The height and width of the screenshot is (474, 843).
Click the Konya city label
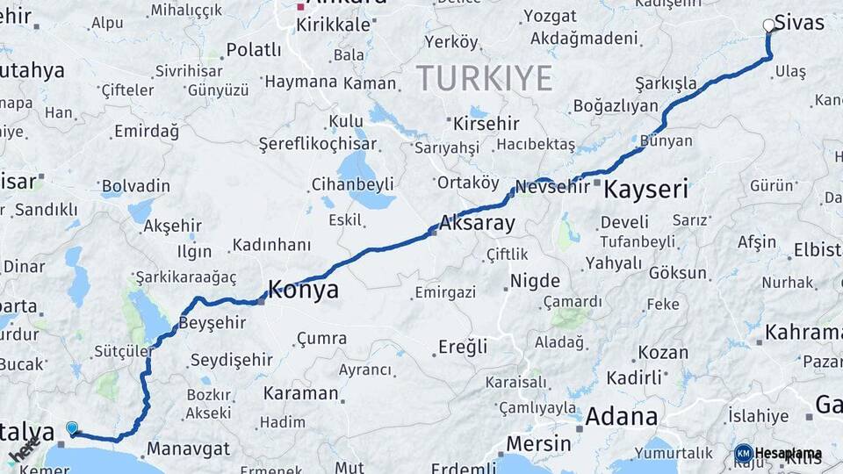[x=303, y=291]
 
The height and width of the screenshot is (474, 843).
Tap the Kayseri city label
[x=645, y=189]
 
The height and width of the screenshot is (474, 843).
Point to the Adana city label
[x=622, y=416]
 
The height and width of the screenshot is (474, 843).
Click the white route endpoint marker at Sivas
[x=769, y=25]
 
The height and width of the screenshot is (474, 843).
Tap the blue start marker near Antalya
[x=72, y=428]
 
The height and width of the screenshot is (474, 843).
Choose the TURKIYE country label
[x=485, y=78]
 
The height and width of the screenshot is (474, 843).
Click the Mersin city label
[x=539, y=443]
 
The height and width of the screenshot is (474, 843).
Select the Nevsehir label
[x=552, y=187]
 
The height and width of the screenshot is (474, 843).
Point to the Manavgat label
[x=188, y=449]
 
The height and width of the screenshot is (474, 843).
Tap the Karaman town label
[x=300, y=393]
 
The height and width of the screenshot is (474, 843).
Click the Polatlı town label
[x=254, y=50]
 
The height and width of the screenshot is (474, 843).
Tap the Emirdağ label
[x=146, y=132]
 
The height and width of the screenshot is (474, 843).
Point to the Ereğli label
[x=463, y=347]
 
